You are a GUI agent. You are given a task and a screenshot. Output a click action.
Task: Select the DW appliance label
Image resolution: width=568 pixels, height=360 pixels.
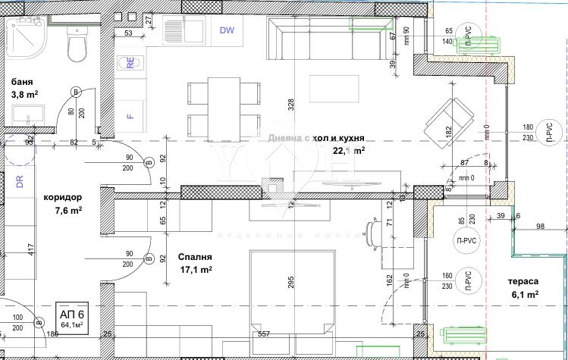(227, 30)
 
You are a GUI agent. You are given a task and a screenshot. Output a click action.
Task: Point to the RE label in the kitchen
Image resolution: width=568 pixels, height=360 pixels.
(131, 64)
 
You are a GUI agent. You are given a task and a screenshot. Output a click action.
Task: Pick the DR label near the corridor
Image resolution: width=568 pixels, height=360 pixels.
(20, 181)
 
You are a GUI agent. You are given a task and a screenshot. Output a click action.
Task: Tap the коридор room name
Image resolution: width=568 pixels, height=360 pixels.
(62, 196)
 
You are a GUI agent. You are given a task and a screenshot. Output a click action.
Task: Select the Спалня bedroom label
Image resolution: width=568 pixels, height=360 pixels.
(185, 256)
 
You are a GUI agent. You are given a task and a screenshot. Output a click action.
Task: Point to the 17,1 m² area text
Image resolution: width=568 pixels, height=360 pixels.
(195, 269)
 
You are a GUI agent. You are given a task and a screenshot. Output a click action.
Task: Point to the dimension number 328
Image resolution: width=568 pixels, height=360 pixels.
(290, 105)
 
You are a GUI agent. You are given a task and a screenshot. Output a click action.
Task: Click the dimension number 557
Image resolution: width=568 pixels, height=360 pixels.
(264, 333)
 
